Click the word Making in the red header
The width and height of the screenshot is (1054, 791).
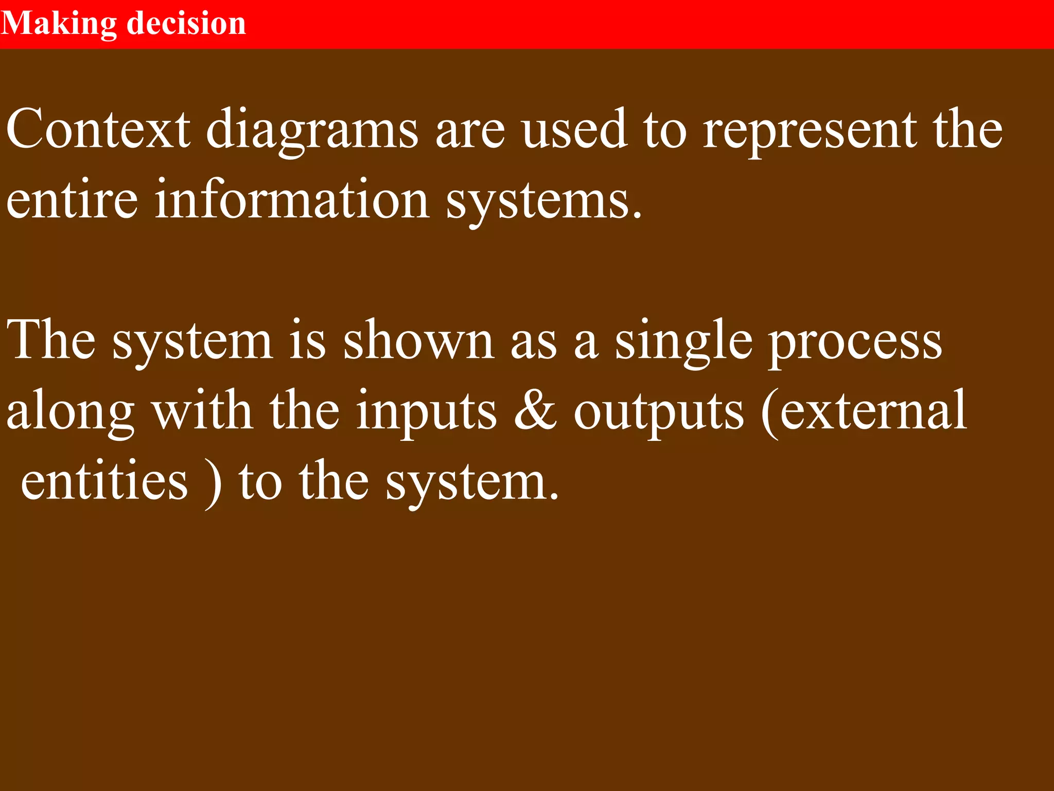[x=59, y=24]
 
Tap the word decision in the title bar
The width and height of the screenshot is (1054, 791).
[x=186, y=24]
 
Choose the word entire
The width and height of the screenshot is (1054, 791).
[x=72, y=200]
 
